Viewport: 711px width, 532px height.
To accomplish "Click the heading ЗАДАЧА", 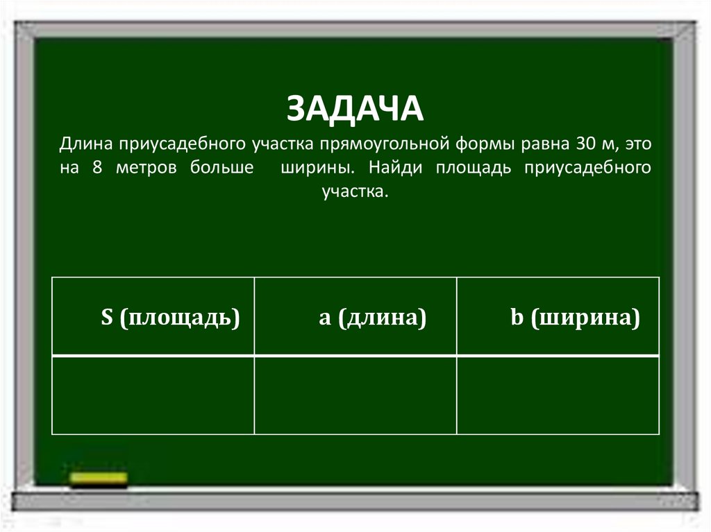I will point(355,108).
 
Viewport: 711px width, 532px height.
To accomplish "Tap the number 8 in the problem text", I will point(96,169).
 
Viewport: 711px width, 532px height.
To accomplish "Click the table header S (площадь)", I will point(170,318).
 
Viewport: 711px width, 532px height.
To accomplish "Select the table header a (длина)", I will point(372,318).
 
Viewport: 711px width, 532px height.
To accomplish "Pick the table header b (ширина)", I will point(575,318).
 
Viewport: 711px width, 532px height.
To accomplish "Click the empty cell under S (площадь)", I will point(153,395).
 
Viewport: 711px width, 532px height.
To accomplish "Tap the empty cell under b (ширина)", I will point(558,395).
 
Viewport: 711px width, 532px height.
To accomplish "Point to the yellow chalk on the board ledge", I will point(99,478).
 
